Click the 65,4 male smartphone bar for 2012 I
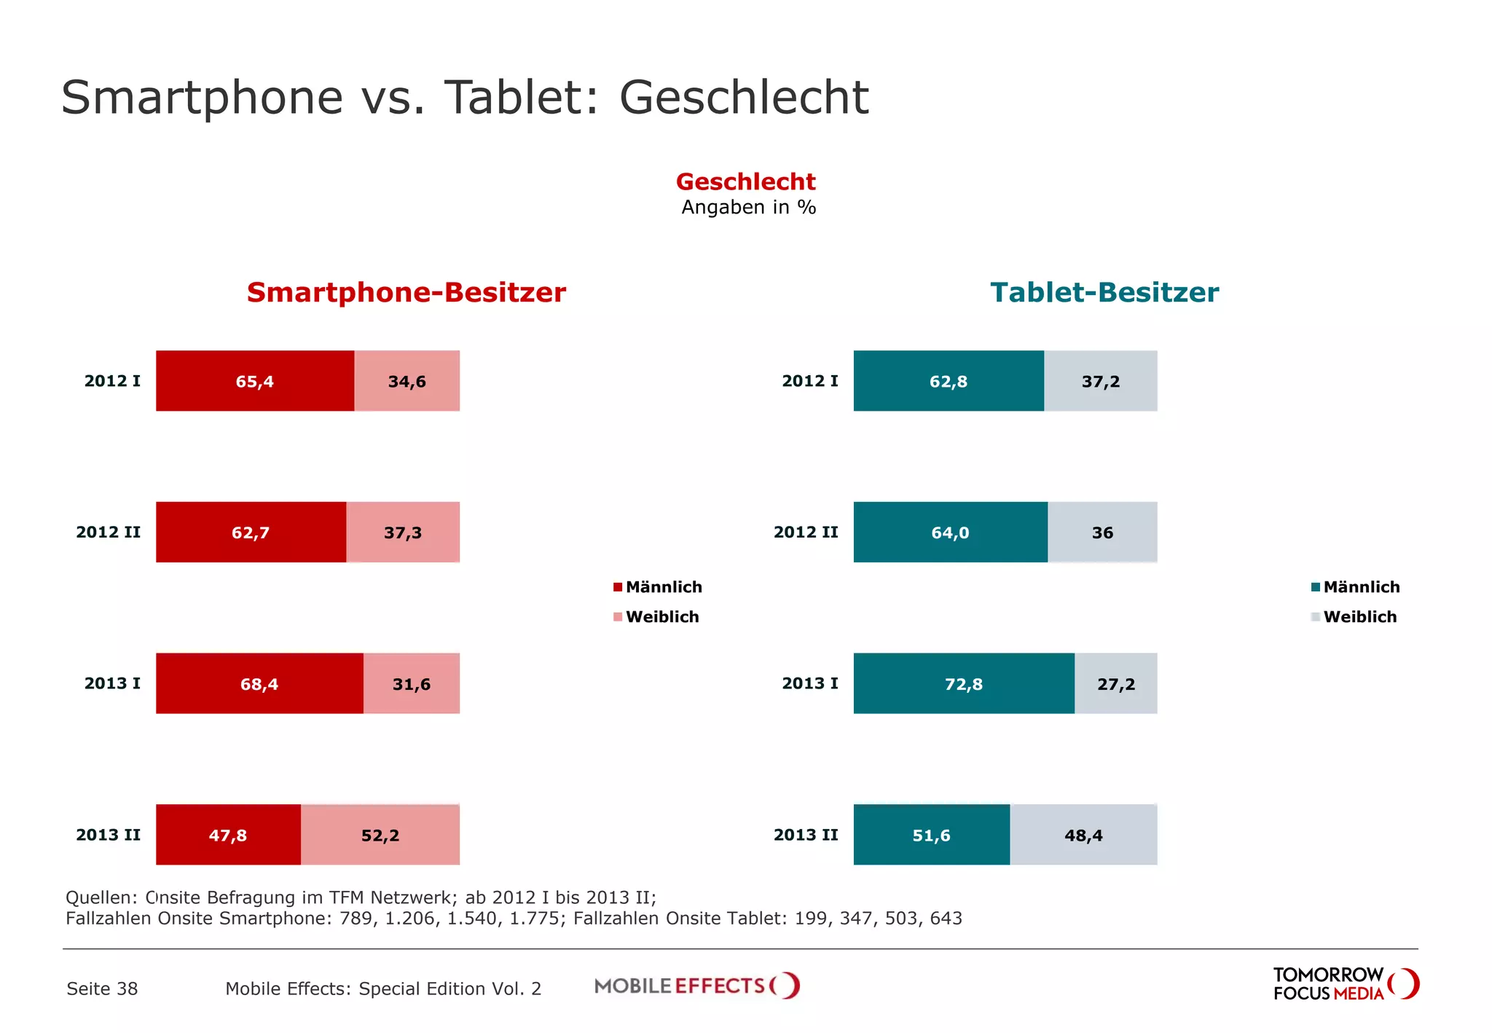(x=254, y=381)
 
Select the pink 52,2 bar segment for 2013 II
(x=380, y=835)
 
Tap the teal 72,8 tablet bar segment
(x=963, y=683)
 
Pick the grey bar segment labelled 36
(x=1102, y=533)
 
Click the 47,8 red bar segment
(x=227, y=835)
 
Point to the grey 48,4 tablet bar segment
(x=1083, y=835)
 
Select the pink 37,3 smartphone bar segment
(x=402, y=533)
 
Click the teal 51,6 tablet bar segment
(x=931, y=835)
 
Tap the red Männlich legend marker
(x=618, y=587)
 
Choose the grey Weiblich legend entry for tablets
(x=1359, y=617)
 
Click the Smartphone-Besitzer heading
(x=406, y=292)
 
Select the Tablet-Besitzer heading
(x=1104, y=292)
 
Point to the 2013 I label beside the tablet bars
(x=809, y=683)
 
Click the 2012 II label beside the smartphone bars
(x=108, y=533)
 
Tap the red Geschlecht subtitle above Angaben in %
(x=745, y=181)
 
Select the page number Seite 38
(x=102, y=989)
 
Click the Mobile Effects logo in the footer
(x=696, y=986)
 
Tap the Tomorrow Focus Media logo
(x=1345, y=984)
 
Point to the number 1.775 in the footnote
(x=535, y=919)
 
